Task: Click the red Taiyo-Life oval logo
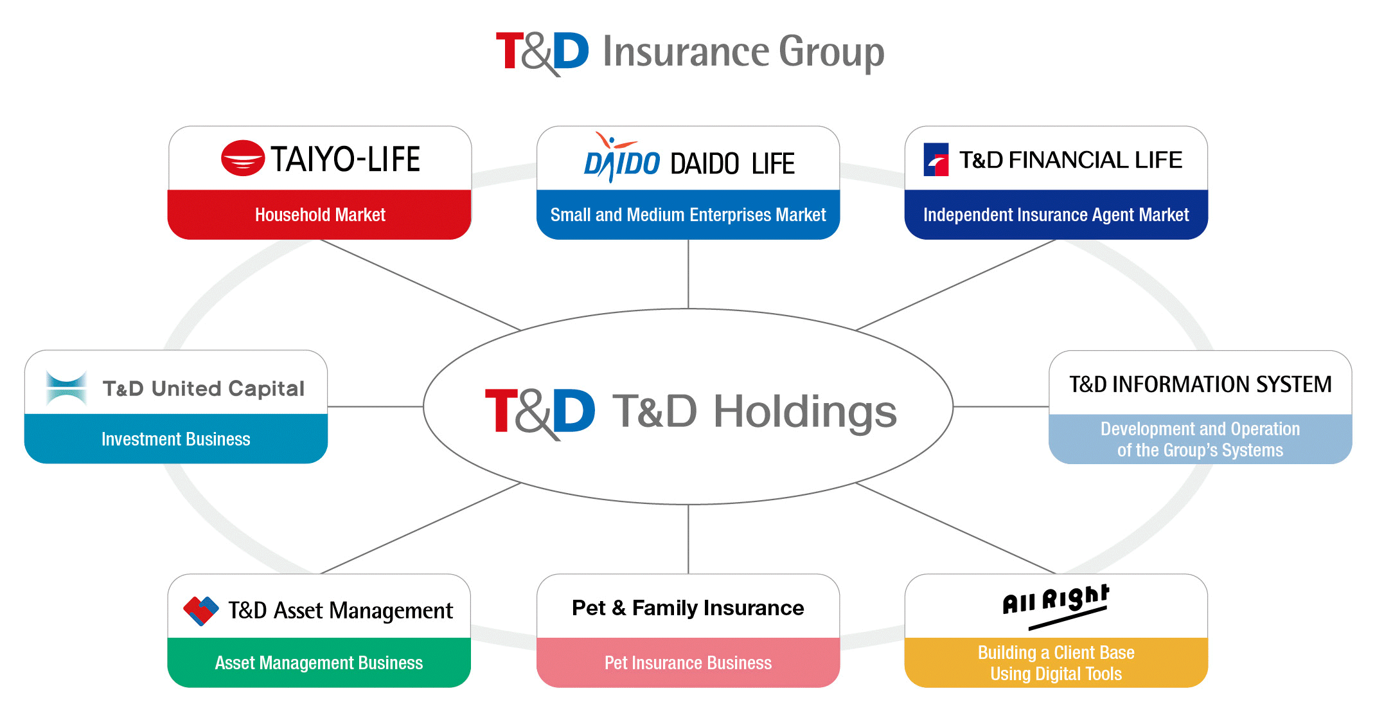[243, 158]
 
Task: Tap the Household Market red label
[320, 215]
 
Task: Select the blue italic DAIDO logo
[621, 158]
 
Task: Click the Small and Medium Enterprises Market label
[688, 215]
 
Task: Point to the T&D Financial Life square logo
[936, 159]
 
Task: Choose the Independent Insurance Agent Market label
[1056, 215]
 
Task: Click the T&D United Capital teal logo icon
[67, 388]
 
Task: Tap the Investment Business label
[176, 439]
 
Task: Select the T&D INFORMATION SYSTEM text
[1200, 384]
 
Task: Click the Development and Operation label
[1200, 439]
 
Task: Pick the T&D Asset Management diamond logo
[201, 611]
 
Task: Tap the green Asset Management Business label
[319, 663]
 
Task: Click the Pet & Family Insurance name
[688, 608]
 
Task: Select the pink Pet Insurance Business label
[688, 663]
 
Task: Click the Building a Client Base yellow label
[1056, 663]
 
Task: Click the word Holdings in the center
[805, 412]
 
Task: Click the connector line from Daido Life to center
[688, 274]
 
